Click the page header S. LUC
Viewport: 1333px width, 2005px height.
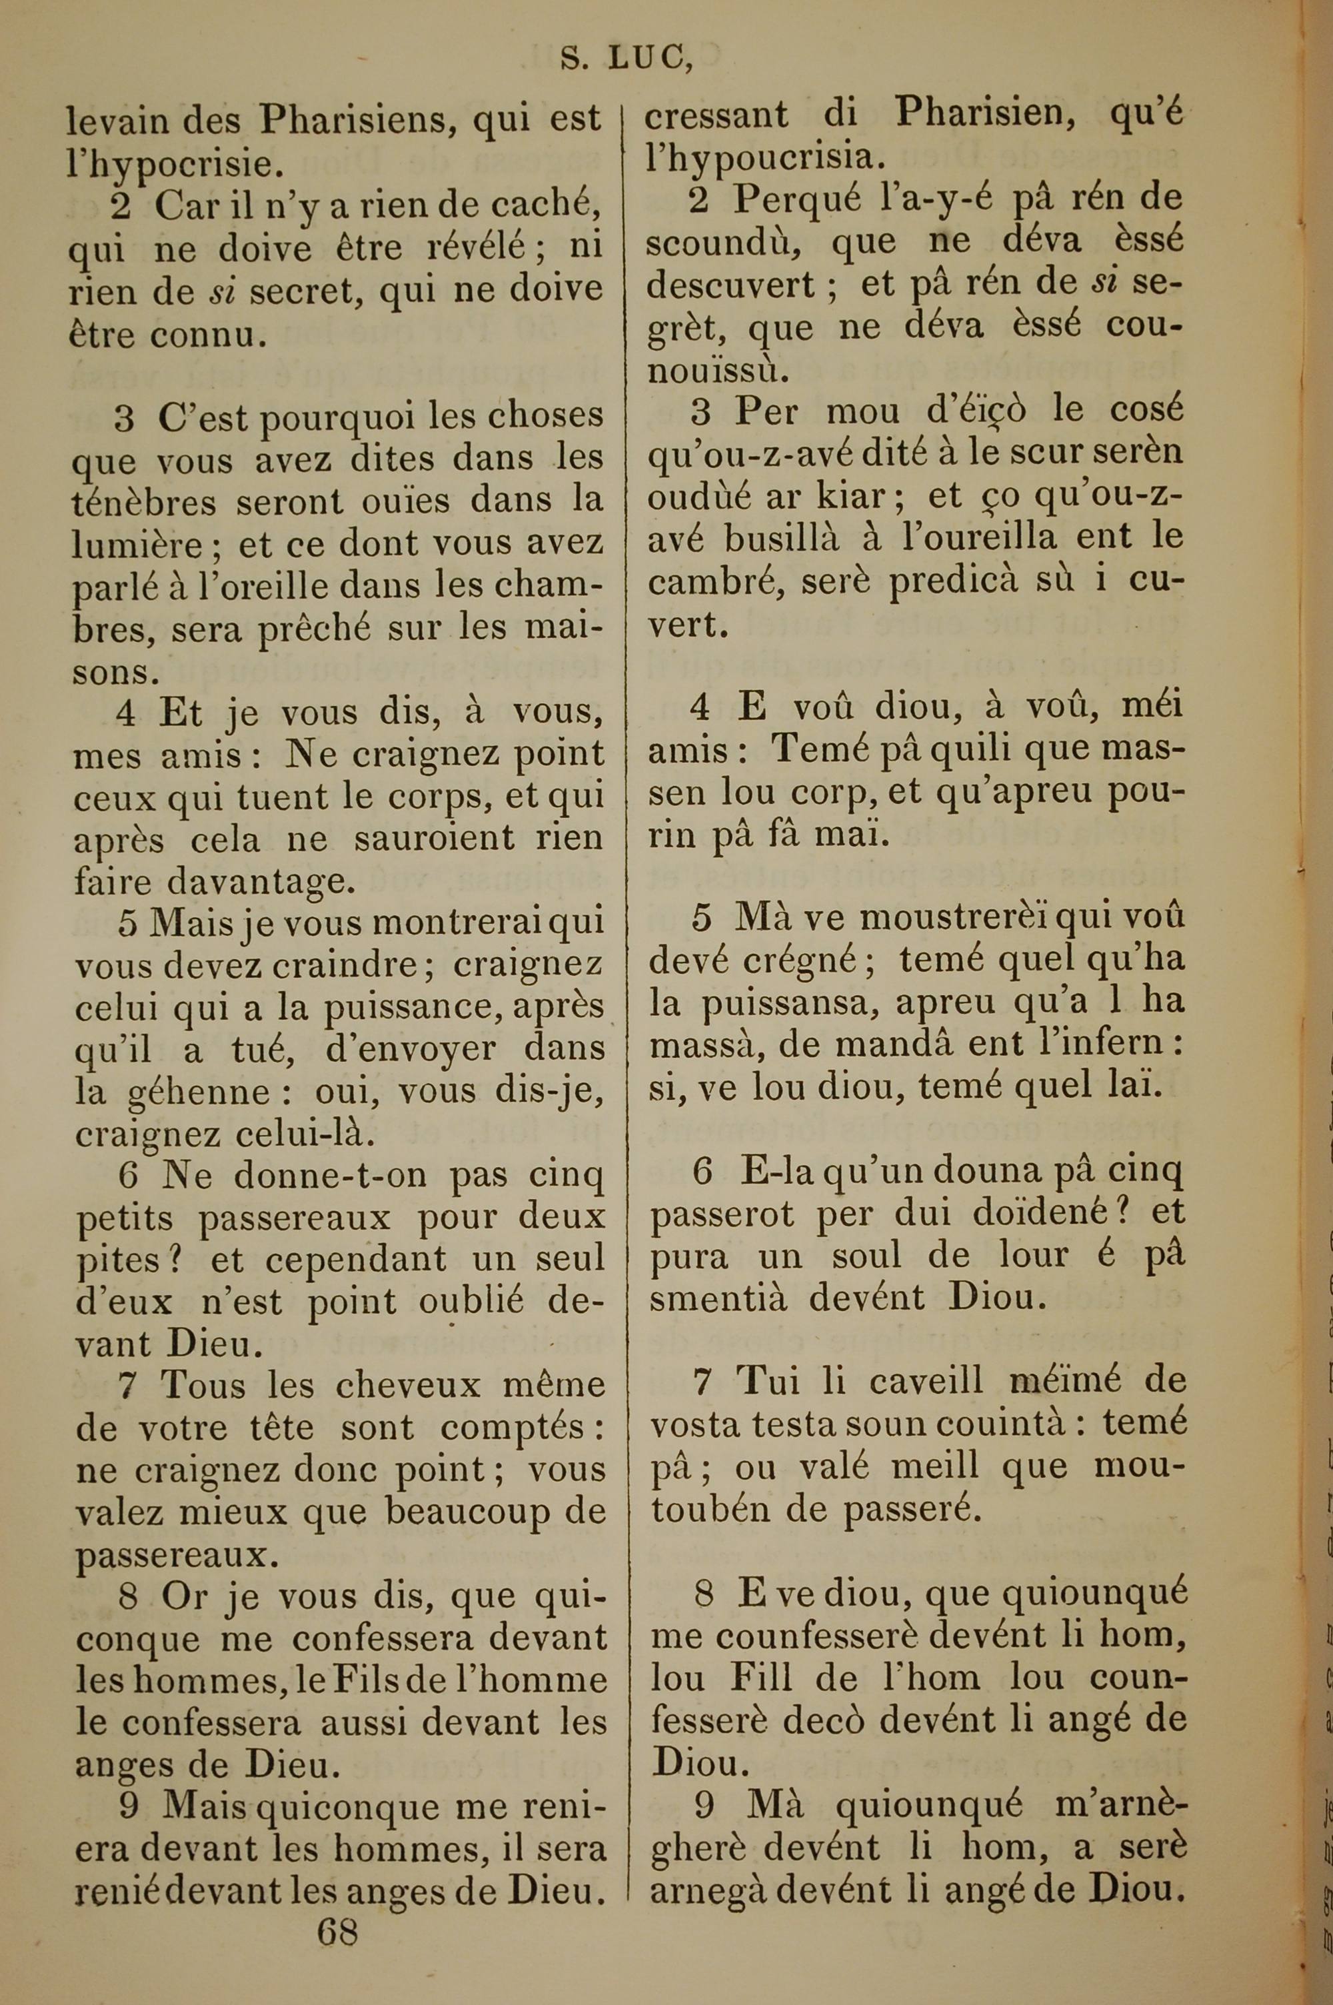click(627, 58)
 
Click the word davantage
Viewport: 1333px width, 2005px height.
click(261, 883)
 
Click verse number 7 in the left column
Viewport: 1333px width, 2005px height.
click(127, 1387)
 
